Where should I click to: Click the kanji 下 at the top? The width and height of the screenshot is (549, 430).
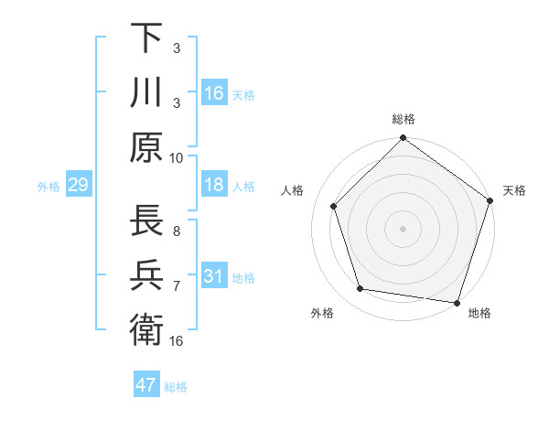tap(146, 40)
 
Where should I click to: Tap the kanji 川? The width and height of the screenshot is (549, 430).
tap(146, 92)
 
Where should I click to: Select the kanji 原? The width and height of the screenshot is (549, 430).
tap(146, 145)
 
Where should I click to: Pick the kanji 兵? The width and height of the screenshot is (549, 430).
tap(146, 275)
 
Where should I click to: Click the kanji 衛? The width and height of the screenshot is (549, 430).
tap(146, 328)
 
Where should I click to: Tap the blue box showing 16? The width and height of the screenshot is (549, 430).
tap(213, 93)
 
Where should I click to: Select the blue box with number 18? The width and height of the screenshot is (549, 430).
tap(213, 186)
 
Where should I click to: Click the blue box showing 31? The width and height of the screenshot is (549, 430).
tap(213, 277)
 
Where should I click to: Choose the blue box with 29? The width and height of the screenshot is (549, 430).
tap(78, 186)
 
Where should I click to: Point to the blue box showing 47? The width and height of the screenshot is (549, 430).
tap(146, 385)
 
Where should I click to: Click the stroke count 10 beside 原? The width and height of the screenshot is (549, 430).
tap(177, 156)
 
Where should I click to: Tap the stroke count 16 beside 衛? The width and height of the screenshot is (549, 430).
tap(177, 340)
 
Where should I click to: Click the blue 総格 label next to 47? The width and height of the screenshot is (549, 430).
tap(176, 387)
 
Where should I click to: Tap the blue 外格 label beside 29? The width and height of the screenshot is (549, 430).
tap(48, 187)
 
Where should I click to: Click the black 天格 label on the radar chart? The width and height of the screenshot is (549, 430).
tap(514, 190)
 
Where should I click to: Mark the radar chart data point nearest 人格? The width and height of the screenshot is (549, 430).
tap(334, 206)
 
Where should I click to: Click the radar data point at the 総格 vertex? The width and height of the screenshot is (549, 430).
tap(403, 139)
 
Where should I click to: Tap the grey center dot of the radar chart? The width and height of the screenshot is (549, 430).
tap(403, 228)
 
